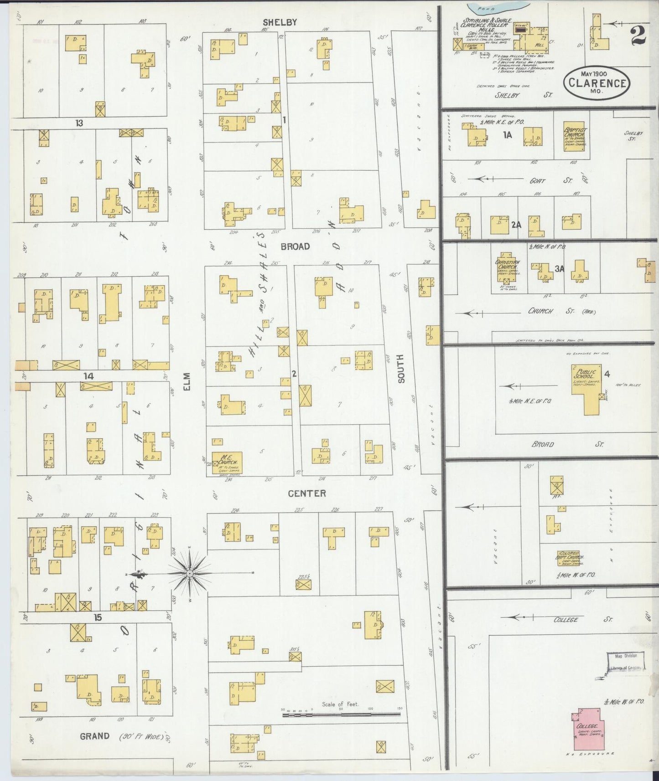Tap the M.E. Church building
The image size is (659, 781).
227,463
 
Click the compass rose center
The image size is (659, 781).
189,573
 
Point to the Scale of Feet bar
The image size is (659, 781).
342,715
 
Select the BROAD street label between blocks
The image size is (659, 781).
295,247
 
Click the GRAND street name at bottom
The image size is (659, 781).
94,736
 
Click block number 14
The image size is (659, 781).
88,376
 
